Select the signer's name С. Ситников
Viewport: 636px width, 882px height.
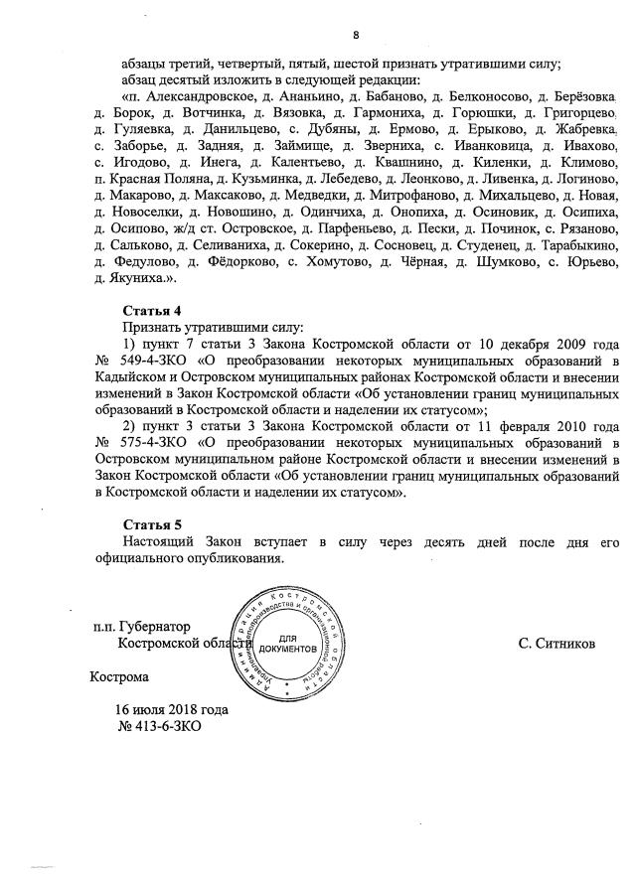point(556,644)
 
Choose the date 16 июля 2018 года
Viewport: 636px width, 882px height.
point(172,711)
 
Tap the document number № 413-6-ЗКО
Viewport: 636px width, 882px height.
point(160,727)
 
